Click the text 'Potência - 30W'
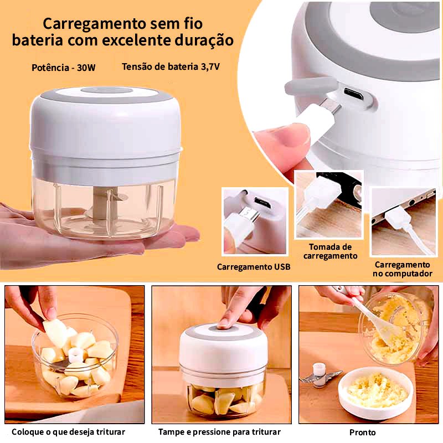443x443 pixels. (64, 68)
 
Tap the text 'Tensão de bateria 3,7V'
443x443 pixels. (171, 66)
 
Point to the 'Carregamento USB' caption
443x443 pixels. (254, 267)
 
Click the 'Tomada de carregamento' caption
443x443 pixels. (330, 251)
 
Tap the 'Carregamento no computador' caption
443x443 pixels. (403, 269)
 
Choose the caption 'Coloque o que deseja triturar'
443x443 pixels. (68, 432)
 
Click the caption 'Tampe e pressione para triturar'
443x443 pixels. (219, 432)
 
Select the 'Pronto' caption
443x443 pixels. (363, 432)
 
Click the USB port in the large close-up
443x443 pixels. (353, 94)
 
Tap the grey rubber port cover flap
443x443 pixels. (311, 86)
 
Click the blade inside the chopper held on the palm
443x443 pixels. (105, 206)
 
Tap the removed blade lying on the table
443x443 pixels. (320, 375)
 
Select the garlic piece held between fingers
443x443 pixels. (55, 332)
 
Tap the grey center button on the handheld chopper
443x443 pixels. (107, 90)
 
